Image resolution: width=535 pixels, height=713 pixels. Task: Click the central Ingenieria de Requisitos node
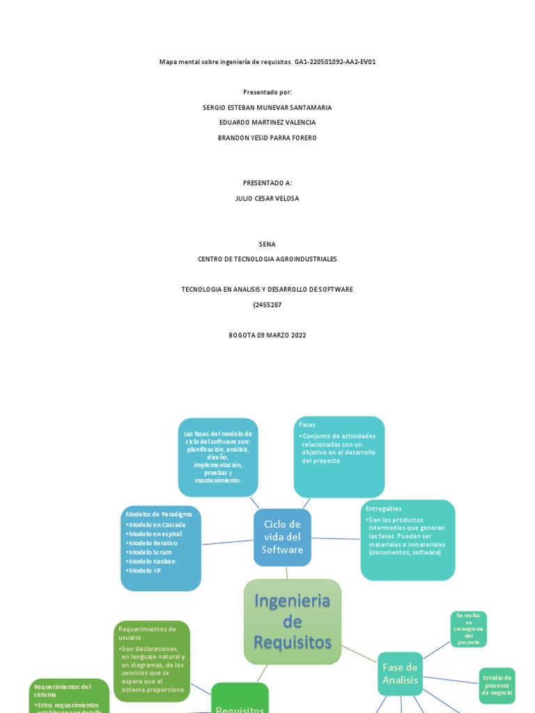tap(293, 621)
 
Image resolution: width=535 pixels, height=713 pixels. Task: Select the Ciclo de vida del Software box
tap(282, 537)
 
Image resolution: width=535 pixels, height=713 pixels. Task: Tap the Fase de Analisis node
tap(400, 673)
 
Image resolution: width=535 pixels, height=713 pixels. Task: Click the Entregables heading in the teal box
tap(384, 509)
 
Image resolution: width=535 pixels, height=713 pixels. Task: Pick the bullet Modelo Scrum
tap(149, 552)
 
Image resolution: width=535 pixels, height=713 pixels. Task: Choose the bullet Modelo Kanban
tap(151, 561)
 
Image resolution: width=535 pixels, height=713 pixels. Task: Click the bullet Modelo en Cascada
tap(156, 524)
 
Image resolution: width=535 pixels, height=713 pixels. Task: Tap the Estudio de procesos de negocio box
tap(497, 685)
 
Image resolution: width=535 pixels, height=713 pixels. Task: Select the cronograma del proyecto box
tap(469, 629)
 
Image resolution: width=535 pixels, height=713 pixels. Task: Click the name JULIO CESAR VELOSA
tap(267, 198)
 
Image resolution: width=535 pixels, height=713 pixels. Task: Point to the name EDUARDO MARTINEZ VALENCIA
tap(267, 123)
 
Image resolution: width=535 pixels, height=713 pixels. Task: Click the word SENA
tap(267, 244)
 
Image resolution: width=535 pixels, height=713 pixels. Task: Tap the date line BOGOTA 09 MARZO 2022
tap(267, 335)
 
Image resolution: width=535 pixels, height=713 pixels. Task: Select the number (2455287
tap(267, 305)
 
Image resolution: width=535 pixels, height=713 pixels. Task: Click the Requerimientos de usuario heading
tap(147, 633)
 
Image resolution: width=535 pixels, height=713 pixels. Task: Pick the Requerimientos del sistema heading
tap(63, 690)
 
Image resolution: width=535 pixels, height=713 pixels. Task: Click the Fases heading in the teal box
tap(307, 424)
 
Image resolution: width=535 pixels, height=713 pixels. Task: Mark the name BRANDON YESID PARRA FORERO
tap(267, 138)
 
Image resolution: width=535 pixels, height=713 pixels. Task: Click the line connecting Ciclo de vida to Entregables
tap(336, 538)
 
